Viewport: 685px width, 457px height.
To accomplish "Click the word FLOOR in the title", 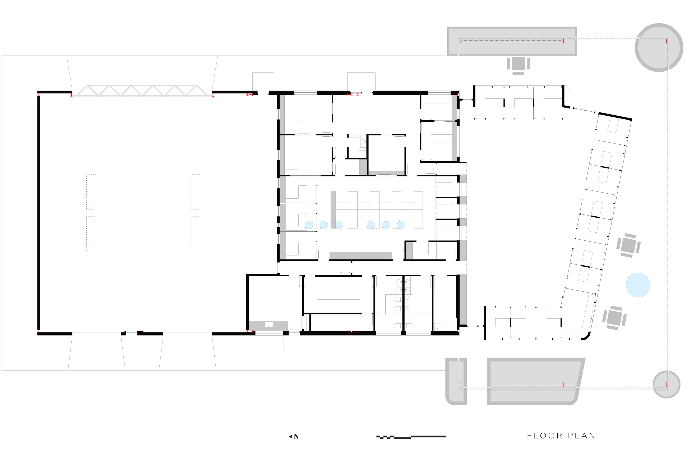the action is (x=545, y=436).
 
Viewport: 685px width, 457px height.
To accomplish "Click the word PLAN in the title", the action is (x=582, y=436).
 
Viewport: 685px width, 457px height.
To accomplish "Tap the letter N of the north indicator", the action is (x=296, y=436).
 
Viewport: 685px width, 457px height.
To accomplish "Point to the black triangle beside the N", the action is (x=290, y=436).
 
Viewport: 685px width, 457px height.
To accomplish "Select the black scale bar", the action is (x=411, y=437).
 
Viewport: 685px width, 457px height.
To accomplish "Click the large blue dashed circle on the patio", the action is (x=638, y=285).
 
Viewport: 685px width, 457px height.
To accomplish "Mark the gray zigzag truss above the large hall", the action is (x=142, y=90).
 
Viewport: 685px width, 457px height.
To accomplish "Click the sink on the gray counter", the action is (x=269, y=325).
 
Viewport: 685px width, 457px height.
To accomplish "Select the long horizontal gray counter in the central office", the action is (x=360, y=255).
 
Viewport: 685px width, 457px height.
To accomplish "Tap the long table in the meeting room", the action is (x=339, y=295).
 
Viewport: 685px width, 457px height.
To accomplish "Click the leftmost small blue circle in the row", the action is (x=309, y=225).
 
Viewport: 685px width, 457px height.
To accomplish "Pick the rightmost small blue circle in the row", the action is (x=401, y=225).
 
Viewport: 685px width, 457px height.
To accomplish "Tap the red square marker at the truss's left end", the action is (x=71, y=97).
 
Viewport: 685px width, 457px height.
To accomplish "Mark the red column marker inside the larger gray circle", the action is (x=666, y=41).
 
